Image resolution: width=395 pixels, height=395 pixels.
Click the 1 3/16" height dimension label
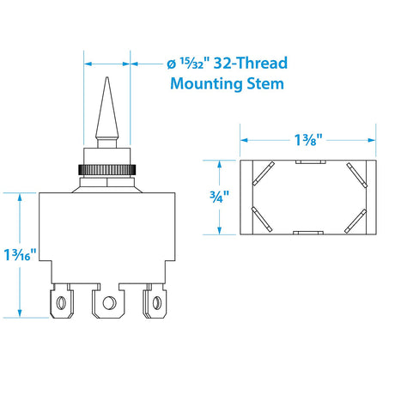point(20,254)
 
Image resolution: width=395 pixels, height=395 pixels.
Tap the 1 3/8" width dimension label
point(308,140)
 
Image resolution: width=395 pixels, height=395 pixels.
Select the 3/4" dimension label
point(219,197)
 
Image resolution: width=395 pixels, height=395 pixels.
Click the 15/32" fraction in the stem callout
point(192,64)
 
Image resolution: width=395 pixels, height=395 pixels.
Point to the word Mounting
point(206,84)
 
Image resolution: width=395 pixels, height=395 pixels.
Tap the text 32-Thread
point(251,63)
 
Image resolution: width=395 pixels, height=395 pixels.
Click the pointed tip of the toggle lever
point(107,77)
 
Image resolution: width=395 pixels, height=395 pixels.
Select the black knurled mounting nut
point(106,170)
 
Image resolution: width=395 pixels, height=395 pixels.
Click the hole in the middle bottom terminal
point(109,303)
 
